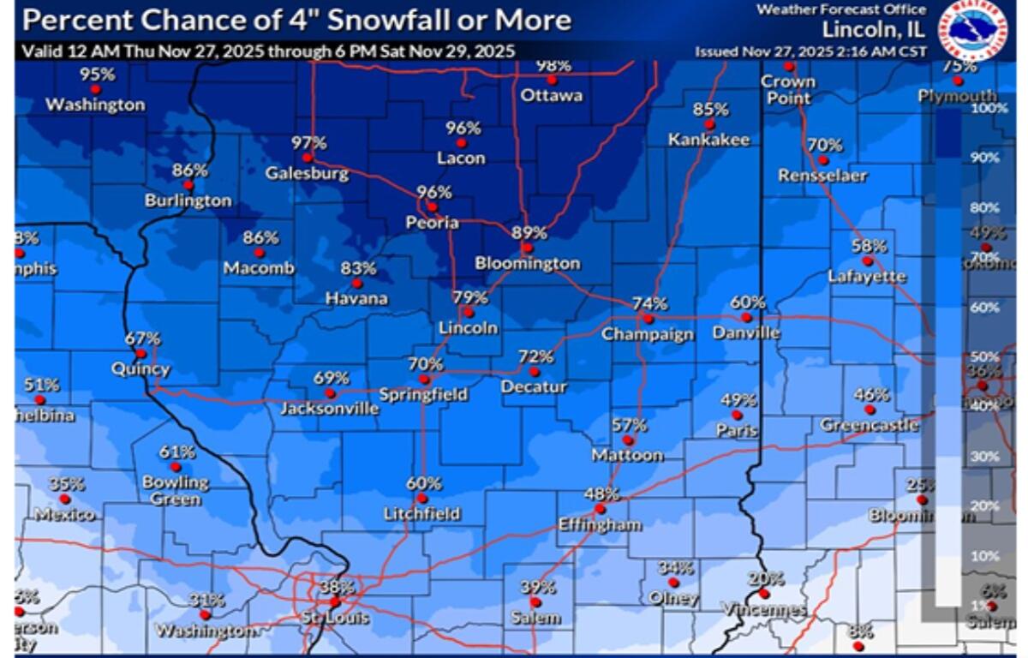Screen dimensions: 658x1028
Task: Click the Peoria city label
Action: tap(433, 223)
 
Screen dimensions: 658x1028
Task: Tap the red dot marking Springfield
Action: tap(423, 379)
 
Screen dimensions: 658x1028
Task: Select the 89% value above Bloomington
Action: tap(529, 232)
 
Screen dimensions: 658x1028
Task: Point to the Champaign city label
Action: tap(647, 334)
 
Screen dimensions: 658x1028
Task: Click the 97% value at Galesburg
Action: tap(308, 142)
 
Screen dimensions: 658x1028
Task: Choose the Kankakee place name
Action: tap(708, 140)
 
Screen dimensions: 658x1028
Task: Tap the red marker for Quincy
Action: tap(140, 353)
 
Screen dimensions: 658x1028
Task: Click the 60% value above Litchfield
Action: tap(423, 482)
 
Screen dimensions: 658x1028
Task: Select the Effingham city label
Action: tap(600, 524)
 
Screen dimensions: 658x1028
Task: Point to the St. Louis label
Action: tap(336, 618)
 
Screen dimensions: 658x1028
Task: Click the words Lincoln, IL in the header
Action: tap(873, 29)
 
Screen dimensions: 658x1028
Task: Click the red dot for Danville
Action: tap(746, 317)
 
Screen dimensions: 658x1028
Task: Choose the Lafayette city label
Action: tap(867, 276)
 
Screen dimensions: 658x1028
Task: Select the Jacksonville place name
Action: tap(330, 409)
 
